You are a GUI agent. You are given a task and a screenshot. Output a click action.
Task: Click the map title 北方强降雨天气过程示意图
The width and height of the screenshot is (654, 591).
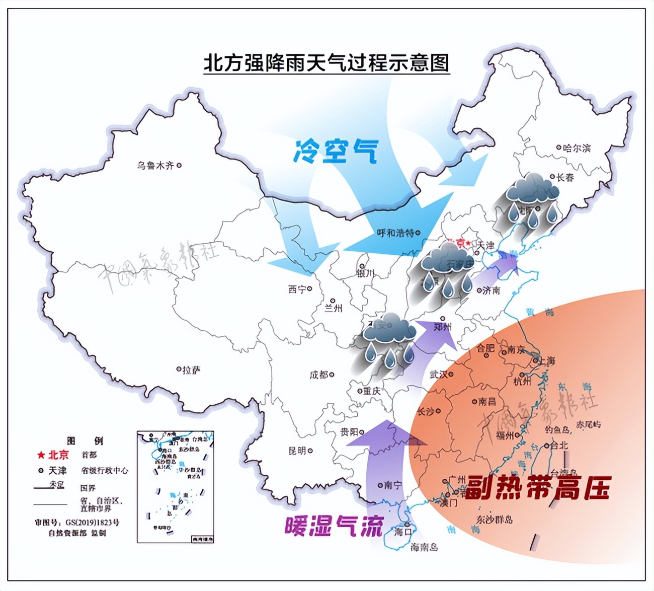pyautogui.click(x=326, y=63)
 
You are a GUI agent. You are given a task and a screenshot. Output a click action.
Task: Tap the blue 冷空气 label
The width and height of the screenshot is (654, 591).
pyautogui.click(x=336, y=150)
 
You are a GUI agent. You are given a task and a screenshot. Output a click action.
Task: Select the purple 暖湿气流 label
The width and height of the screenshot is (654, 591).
pyautogui.click(x=334, y=527)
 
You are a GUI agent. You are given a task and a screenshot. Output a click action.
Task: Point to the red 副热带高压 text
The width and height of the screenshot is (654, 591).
pyautogui.click(x=537, y=487)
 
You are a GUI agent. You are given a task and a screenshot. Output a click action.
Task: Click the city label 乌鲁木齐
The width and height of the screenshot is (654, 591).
pyautogui.click(x=155, y=165)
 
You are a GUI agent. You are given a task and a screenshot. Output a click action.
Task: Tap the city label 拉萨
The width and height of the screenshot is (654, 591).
pyautogui.click(x=191, y=370)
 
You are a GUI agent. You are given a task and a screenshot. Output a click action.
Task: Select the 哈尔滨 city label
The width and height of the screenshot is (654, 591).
pyautogui.click(x=577, y=148)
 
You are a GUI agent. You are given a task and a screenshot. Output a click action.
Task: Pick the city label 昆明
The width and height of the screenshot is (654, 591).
pyautogui.click(x=297, y=451)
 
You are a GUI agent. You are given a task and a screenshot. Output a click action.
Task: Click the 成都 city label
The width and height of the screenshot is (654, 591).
pyautogui.click(x=318, y=375)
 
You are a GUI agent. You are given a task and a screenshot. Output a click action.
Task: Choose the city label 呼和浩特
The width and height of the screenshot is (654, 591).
pyautogui.click(x=395, y=233)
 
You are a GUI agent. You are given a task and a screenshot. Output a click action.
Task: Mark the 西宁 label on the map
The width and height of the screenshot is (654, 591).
pyautogui.click(x=297, y=289)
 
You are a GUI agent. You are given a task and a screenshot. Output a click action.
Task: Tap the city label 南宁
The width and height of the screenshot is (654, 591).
pyautogui.click(x=393, y=485)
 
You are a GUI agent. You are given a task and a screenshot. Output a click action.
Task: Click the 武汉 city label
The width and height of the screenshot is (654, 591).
pyautogui.click(x=439, y=375)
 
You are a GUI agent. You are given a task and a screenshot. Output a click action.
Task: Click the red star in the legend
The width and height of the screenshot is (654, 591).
pyautogui.click(x=41, y=456)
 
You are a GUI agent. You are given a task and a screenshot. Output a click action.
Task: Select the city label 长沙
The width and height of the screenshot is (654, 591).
pyautogui.click(x=426, y=412)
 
